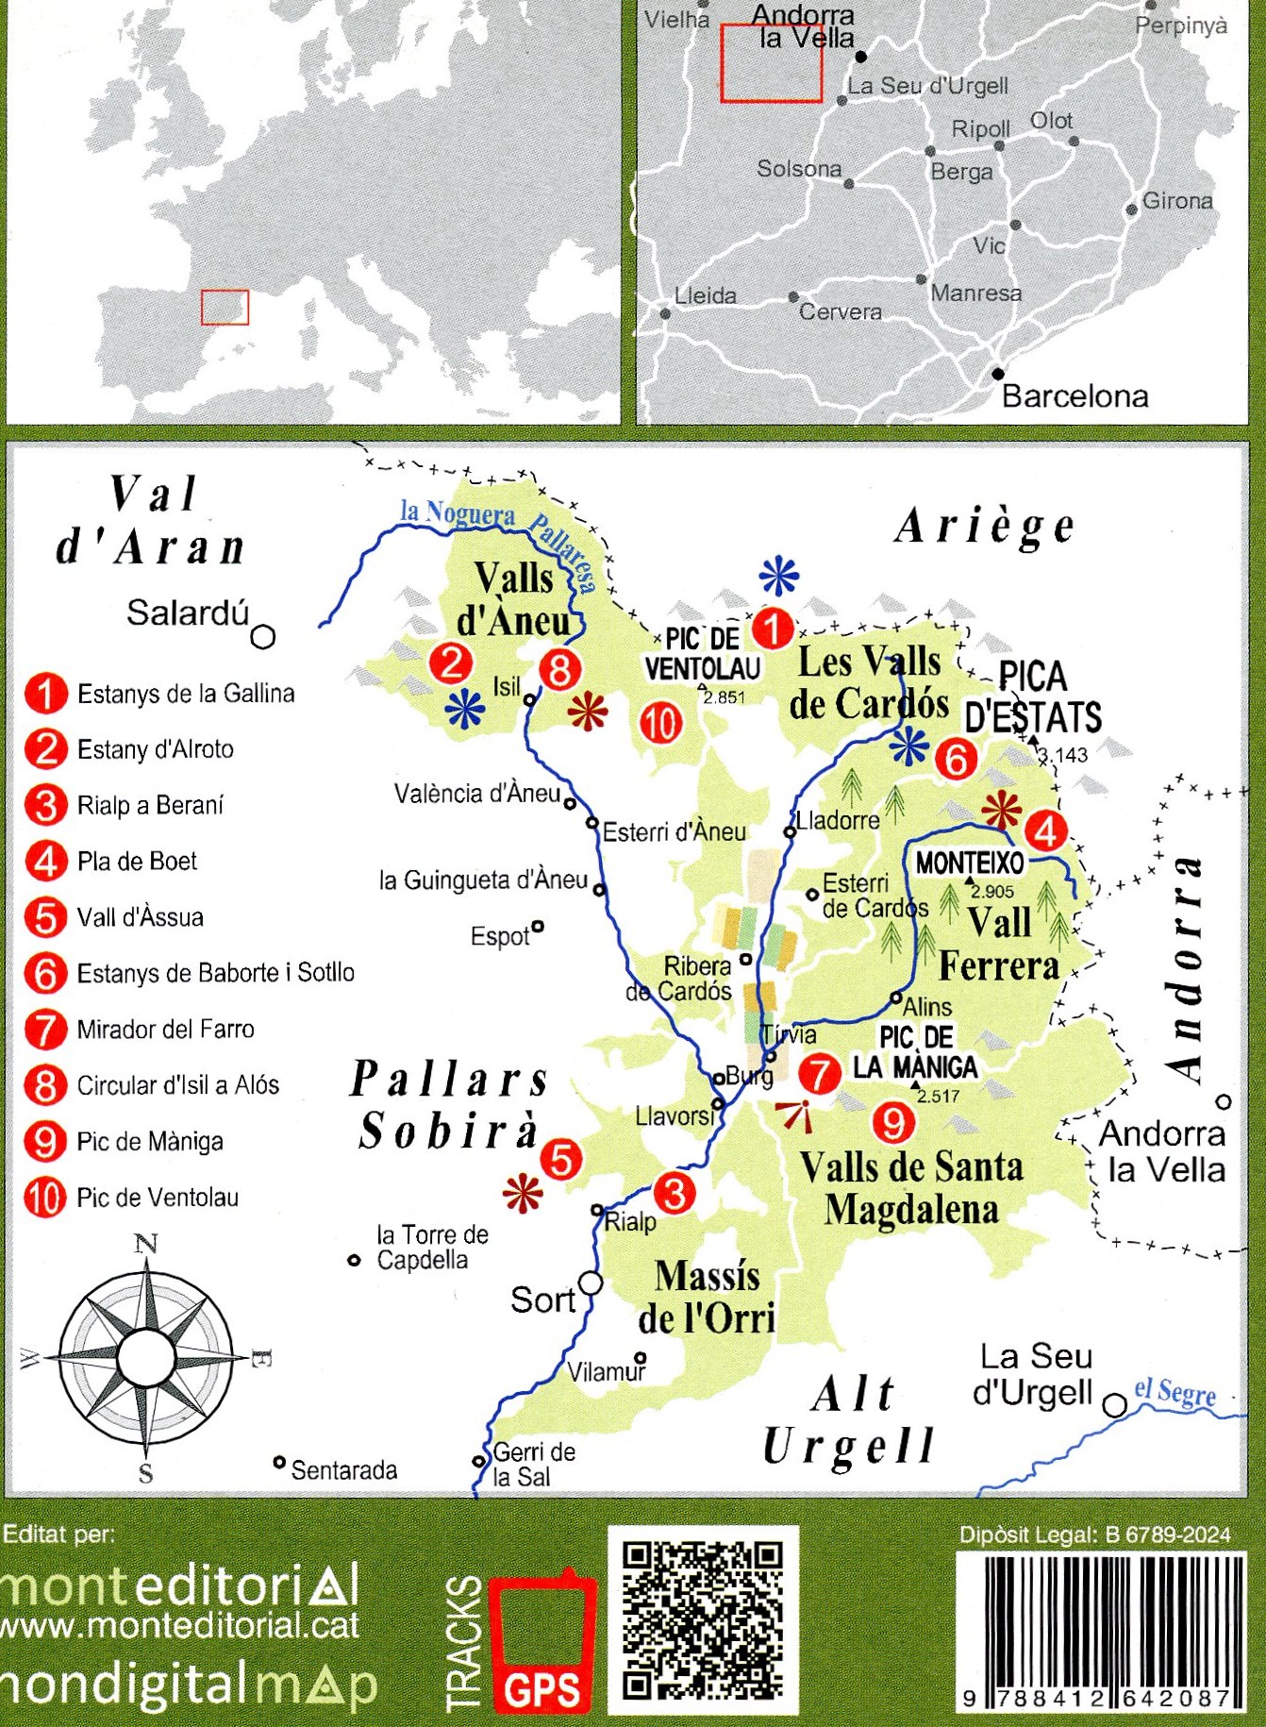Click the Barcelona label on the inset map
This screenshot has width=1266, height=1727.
click(1074, 395)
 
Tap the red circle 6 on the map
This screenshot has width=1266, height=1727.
click(956, 758)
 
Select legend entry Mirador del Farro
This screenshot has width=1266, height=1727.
click(165, 1029)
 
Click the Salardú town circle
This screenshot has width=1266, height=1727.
click(263, 637)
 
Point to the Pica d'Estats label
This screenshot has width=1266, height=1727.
click(1033, 697)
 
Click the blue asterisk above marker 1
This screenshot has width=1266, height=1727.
click(779, 574)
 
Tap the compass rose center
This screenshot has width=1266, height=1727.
click(147, 1357)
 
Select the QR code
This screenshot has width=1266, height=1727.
click(703, 1619)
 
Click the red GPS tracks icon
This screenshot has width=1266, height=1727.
click(542, 1641)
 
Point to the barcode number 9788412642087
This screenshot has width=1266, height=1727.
click(1100, 1699)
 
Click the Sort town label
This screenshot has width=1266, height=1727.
click(542, 1299)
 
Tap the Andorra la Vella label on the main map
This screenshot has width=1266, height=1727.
click(1166, 1151)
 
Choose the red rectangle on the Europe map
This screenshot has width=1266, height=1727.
click(225, 308)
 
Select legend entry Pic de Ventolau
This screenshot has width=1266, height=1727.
click(157, 1197)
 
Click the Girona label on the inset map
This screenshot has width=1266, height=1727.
click(1176, 200)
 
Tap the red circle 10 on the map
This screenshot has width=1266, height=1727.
click(660, 723)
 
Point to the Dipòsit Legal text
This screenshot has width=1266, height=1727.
click(1094, 1534)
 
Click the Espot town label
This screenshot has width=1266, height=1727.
click(500, 936)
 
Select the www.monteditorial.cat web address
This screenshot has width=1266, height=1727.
click(179, 1625)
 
